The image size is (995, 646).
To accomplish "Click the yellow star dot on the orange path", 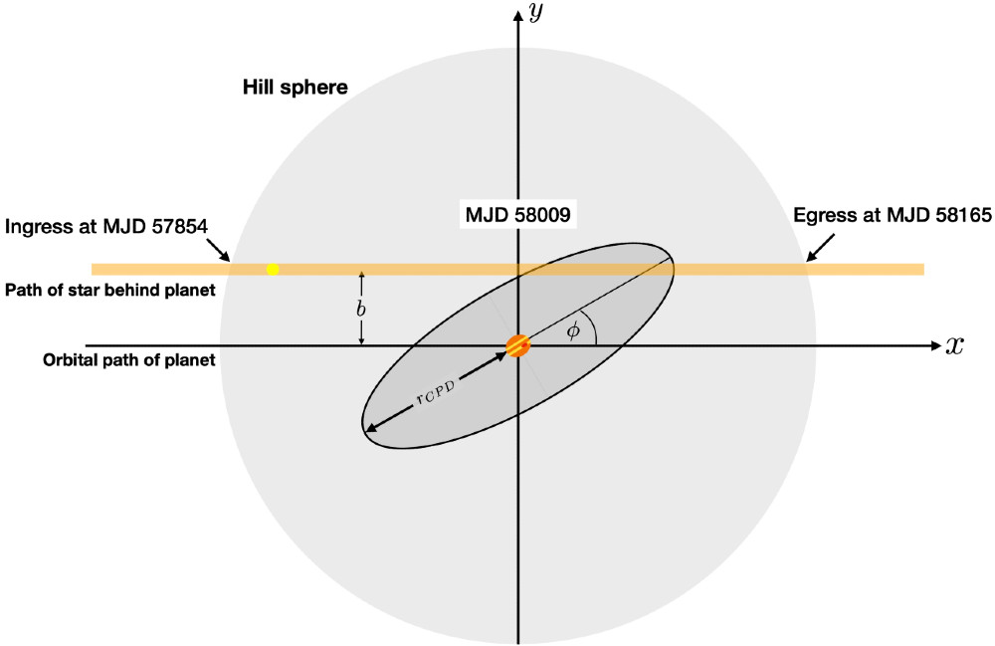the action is click(x=273, y=269).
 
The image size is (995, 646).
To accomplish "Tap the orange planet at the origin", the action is click(x=518, y=345).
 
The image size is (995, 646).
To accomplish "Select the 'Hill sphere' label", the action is click(x=296, y=87).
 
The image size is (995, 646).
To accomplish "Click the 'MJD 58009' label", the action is click(x=517, y=214).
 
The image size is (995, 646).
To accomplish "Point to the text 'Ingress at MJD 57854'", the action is click(x=106, y=226).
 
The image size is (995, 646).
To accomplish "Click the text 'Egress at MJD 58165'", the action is click(x=893, y=215).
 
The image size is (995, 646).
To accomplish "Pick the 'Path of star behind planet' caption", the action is click(x=110, y=290).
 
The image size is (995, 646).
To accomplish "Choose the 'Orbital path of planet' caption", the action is click(x=128, y=360).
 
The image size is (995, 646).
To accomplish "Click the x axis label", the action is click(x=954, y=345).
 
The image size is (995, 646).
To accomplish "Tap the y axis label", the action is click(x=536, y=12).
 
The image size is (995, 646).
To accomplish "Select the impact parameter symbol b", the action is click(x=360, y=309).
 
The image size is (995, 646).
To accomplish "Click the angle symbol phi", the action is click(x=573, y=330).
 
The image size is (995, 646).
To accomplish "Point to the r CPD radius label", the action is click(x=436, y=393).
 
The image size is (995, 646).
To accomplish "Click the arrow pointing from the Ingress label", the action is click(x=219, y=250).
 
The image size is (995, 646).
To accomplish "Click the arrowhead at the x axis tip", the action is click(x=935, y=345).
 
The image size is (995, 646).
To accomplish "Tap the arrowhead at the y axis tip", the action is click(x=519, y=16).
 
